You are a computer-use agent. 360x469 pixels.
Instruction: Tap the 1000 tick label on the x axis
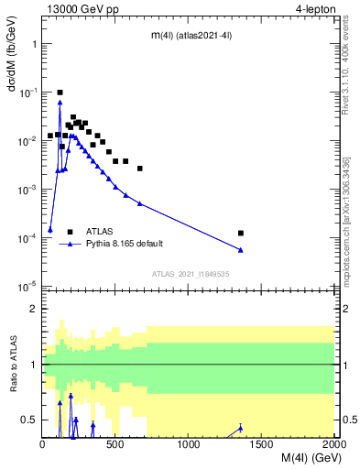(x=190, y=445)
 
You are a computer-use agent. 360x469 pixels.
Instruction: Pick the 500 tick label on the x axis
(x=115, y=445)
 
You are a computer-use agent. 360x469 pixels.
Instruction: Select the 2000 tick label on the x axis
(x=334, y=445)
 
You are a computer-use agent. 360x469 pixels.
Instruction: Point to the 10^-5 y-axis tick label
(x=27, y=287)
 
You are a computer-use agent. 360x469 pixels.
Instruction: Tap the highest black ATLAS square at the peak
(x=60, y=93)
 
